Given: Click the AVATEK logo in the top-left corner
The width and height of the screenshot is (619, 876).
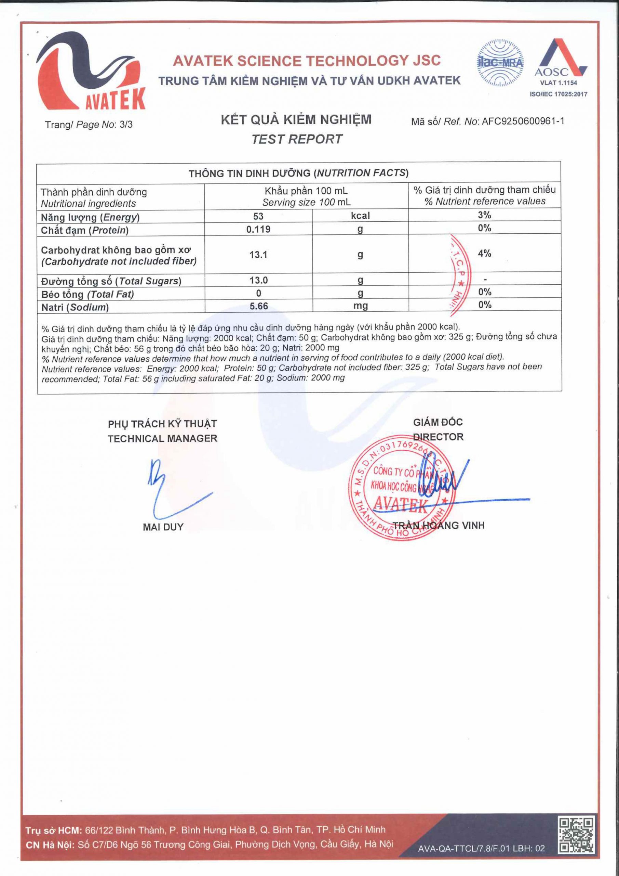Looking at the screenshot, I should [91, 70].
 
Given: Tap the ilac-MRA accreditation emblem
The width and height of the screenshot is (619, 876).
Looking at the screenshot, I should [500, 63].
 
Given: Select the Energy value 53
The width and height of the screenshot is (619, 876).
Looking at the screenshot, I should [258, 216].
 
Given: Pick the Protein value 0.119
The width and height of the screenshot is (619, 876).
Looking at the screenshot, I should [258, 229].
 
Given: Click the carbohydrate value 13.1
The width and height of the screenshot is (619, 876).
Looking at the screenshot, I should [258, 255].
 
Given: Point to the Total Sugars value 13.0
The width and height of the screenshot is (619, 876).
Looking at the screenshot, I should [258, 281].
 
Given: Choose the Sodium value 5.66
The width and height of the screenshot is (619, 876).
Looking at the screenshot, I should [258, 306].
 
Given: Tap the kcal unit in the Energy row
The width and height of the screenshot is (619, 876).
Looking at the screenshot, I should [360, 216].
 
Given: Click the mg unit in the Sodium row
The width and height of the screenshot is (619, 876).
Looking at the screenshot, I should [360, 306].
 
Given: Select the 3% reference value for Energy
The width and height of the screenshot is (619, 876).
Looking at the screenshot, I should [484, 215].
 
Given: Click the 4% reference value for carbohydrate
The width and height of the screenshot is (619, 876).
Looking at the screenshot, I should [484, 253].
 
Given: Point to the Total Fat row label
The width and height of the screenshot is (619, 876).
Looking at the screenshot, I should [88, 295].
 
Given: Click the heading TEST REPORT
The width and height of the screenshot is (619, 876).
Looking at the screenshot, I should [297, 139].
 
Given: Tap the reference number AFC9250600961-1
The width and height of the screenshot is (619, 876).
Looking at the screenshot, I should [523, 122].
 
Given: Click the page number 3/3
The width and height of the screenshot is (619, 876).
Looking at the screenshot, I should [126, 125].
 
